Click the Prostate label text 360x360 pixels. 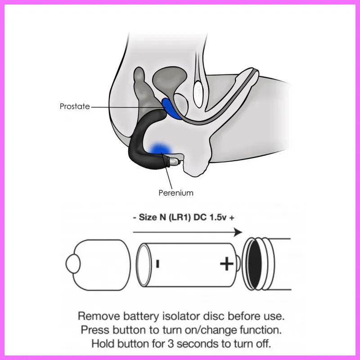pyautogui.click(x=75, y=106)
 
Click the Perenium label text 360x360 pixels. pyautogui.click(x=176, y=193)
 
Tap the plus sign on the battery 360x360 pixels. pyautogui.click(x=227, y=264)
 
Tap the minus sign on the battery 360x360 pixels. pyautogui.click(x=157, y=264)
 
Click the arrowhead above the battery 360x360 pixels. pyautogui.click(x=238, y=232)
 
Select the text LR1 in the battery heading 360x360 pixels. pyautogui.click(x=180, y=217)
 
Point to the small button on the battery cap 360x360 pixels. pyautogui.click(x=73, y=264)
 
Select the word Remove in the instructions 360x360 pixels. pyautogui.click(x=99, y=316)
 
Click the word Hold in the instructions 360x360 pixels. pyautogui.click(x=103, y=344)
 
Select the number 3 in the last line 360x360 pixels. pyautogui.click(x=171, y=344)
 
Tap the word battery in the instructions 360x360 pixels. pyautogui.click(x=141, y=317)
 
